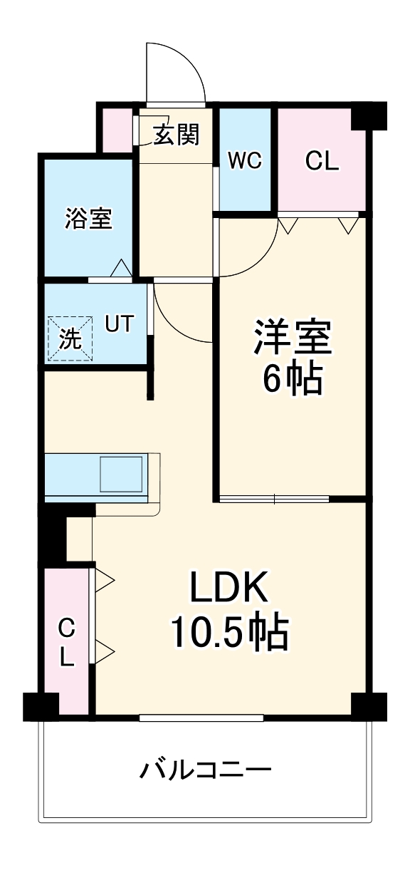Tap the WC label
point(245,161)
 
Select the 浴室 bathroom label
point(88,219)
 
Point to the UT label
point(119,324)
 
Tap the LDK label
point(228,589)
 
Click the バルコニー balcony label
point(206,770)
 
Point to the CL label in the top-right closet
point(322,161)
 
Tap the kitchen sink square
point(121,475)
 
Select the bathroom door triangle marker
point(122,269)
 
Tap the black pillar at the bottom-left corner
point(40,705)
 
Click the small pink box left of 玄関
point(114,130)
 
